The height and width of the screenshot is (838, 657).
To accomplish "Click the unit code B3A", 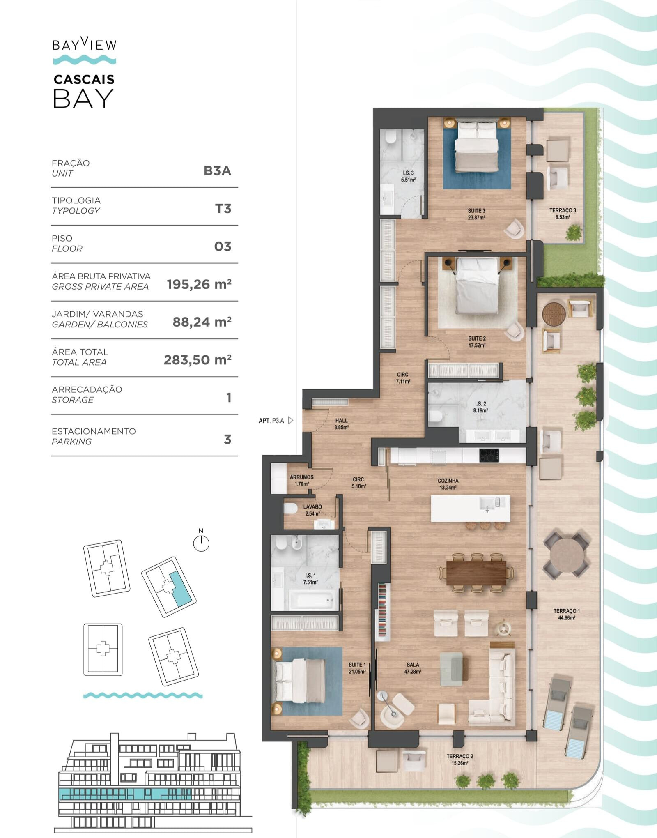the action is tap(217, 170).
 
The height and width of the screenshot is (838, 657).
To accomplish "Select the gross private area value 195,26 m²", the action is tap(199, 284).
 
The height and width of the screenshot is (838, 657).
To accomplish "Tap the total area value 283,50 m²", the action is tap(198, 360).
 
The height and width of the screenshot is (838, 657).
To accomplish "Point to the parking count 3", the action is tap(227, 440).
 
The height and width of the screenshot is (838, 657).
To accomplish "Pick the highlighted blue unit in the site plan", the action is tap(181, 589).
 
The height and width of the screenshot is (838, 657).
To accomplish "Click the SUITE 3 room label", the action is tap(476, 214).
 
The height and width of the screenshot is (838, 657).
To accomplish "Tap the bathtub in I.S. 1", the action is tap(311, 601).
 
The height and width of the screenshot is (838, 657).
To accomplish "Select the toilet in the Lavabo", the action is tap(290, 509).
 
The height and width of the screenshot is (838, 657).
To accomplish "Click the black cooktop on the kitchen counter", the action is tap(489, 455).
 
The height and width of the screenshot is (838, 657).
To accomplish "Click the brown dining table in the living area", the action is tap(476, 573).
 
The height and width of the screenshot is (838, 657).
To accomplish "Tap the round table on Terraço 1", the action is tap(567, 555).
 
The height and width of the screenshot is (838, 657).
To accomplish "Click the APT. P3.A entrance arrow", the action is tap(291, 420).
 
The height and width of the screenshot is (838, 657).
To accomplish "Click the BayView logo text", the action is tap(85, 44).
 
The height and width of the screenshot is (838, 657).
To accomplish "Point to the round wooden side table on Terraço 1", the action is tap(554, 314).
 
